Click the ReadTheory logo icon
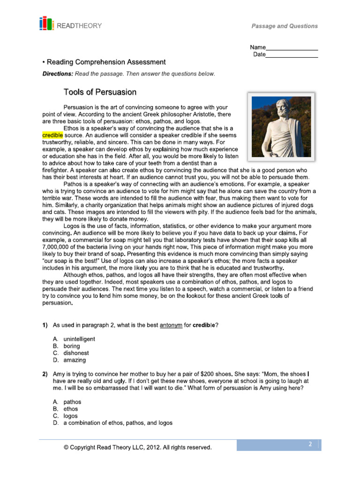46,24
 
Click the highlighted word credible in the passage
52,135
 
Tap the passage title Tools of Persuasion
100,92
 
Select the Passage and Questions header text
284,26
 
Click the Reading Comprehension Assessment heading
105,62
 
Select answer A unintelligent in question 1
79,339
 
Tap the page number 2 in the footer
310,444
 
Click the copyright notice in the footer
137,448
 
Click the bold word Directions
58,74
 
